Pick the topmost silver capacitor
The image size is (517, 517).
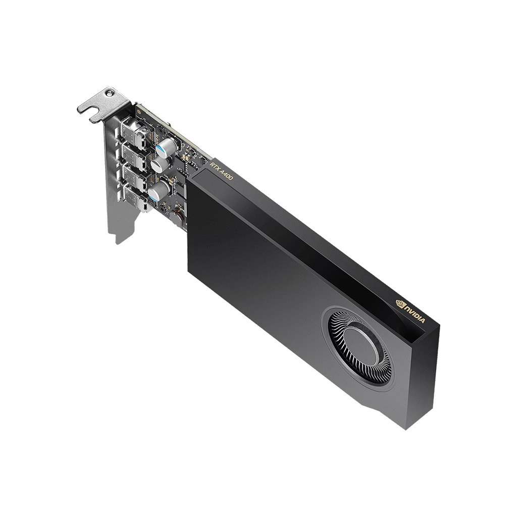coord(166,146)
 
